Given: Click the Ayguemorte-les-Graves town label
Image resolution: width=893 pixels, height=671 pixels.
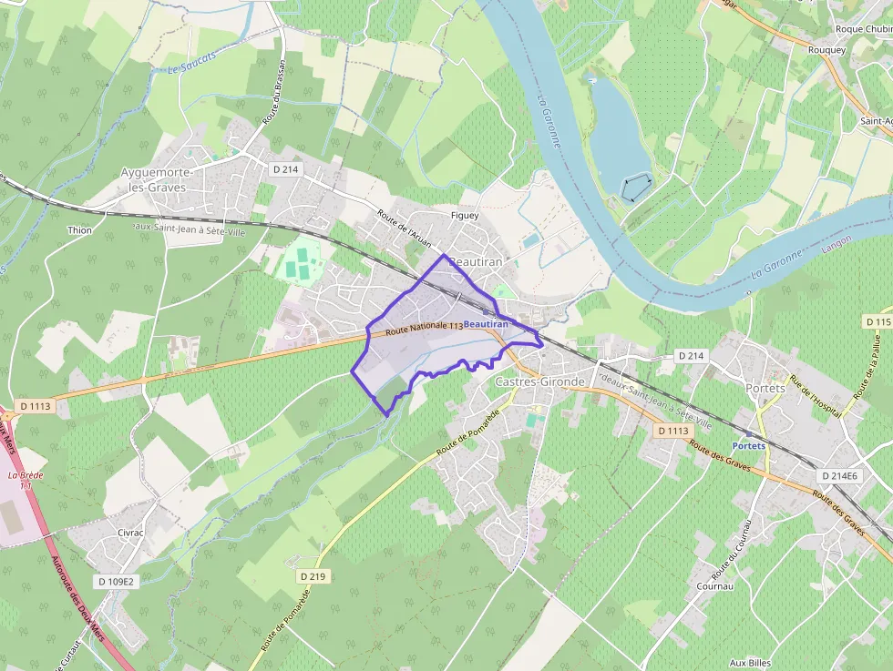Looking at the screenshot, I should [x=153, y=179].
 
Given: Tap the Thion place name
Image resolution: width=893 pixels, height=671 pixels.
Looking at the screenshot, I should [x=80, y=230].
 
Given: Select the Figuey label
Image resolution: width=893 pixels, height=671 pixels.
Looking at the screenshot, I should [x=464, y=216].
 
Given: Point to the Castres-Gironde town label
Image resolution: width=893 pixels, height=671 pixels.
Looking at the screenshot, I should [x=539, y=381].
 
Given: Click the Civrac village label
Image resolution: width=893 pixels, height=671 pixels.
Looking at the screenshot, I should [x=132, y=533].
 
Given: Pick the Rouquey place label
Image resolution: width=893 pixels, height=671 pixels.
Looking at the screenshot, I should [x=826, y=50].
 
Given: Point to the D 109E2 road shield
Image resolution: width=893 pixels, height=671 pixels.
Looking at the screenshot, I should [x=116, y=581].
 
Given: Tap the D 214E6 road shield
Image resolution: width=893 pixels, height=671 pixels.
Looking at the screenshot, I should [x=838, y=476].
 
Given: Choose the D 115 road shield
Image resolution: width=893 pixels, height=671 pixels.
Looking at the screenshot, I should [x=878, y=322].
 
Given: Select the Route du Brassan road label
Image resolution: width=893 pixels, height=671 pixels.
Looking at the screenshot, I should [x=273, y=92].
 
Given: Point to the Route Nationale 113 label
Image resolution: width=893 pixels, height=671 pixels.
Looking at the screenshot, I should [x=424, y=328].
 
